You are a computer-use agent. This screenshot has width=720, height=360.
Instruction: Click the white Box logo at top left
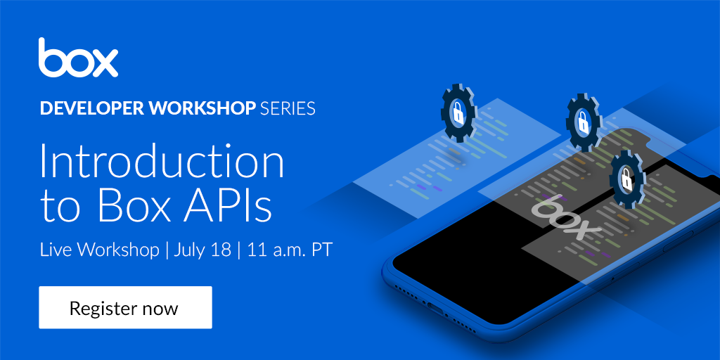point(78,58)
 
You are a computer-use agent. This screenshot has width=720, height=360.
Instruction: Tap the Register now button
point(125,307)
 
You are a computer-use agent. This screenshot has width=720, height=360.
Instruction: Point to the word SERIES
point(288,108)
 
